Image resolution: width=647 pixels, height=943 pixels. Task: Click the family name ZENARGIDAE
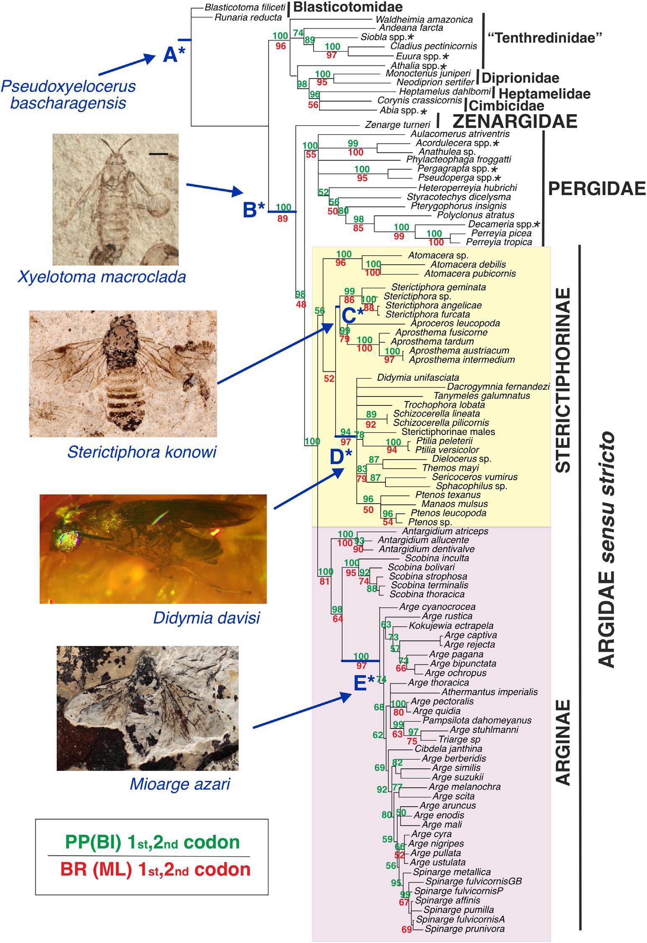pos(515,121)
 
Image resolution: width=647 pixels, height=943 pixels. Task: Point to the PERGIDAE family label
pos(597,189)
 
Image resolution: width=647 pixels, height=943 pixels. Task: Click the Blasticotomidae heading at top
pos(348,7)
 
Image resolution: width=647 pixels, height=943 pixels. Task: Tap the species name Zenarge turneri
pos(398,125)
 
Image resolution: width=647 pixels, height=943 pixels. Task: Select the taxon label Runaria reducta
pos(248,17)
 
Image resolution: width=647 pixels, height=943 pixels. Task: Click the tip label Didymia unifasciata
pos(418,377)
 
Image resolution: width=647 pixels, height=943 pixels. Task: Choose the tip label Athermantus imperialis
pos(489,692)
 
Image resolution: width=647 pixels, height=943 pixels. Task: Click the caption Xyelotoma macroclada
pos(102,277)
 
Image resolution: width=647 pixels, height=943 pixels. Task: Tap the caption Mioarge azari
pos(180,784)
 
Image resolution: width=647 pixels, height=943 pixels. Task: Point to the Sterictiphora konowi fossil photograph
pos(123,373)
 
